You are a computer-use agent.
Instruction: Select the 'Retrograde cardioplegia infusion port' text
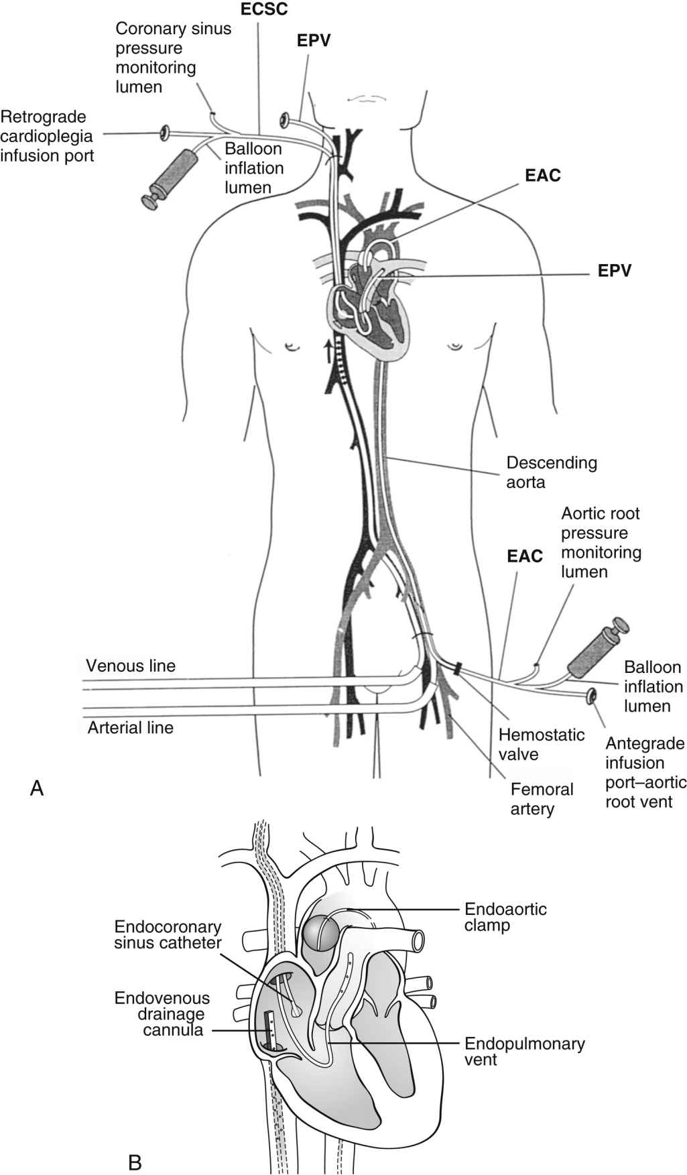(x=46, y=136)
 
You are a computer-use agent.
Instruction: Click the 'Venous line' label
(x=131, y=666)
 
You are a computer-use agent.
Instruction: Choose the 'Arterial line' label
(x=130, y=727)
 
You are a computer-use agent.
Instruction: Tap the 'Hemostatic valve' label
(x=541, y=744)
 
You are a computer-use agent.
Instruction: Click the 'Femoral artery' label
(x=542, y=798)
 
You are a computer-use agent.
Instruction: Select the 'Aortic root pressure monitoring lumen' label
(x=601, y=542)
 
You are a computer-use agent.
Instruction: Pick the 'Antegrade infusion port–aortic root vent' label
(x=645, y=772)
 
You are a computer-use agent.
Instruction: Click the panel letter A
(x=38, y=788)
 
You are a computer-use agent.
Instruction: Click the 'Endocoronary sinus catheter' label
(x=168, y=936)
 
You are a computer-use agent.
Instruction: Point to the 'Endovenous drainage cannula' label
(x=162, y=1013)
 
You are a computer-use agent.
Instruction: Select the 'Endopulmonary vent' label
(x=524, y=1052)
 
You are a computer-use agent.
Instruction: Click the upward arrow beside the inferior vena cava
(x=327, y=350)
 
